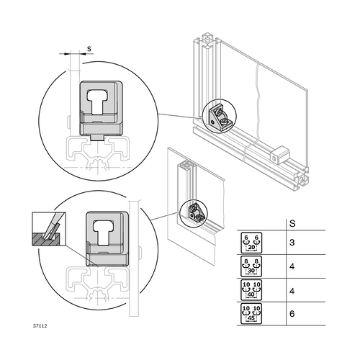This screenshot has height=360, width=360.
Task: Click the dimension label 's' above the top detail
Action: click(x=89, y=49)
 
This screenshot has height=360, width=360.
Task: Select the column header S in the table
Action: click(x=292, y=223)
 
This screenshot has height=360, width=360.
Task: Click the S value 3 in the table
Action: click(x=292, y=243)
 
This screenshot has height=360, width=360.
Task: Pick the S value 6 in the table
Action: click(x=292, y=315)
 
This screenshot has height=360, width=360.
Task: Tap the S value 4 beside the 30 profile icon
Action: click(x=292, y=267)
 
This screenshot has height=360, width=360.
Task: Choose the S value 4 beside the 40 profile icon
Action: click(x=292, y=291)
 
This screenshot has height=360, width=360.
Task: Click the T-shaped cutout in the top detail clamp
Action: click(x=100, y=100)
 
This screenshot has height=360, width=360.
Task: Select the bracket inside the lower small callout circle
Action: click(x=195, y=212)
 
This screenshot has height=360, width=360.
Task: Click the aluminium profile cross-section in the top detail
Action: click(x=97, y=151)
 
